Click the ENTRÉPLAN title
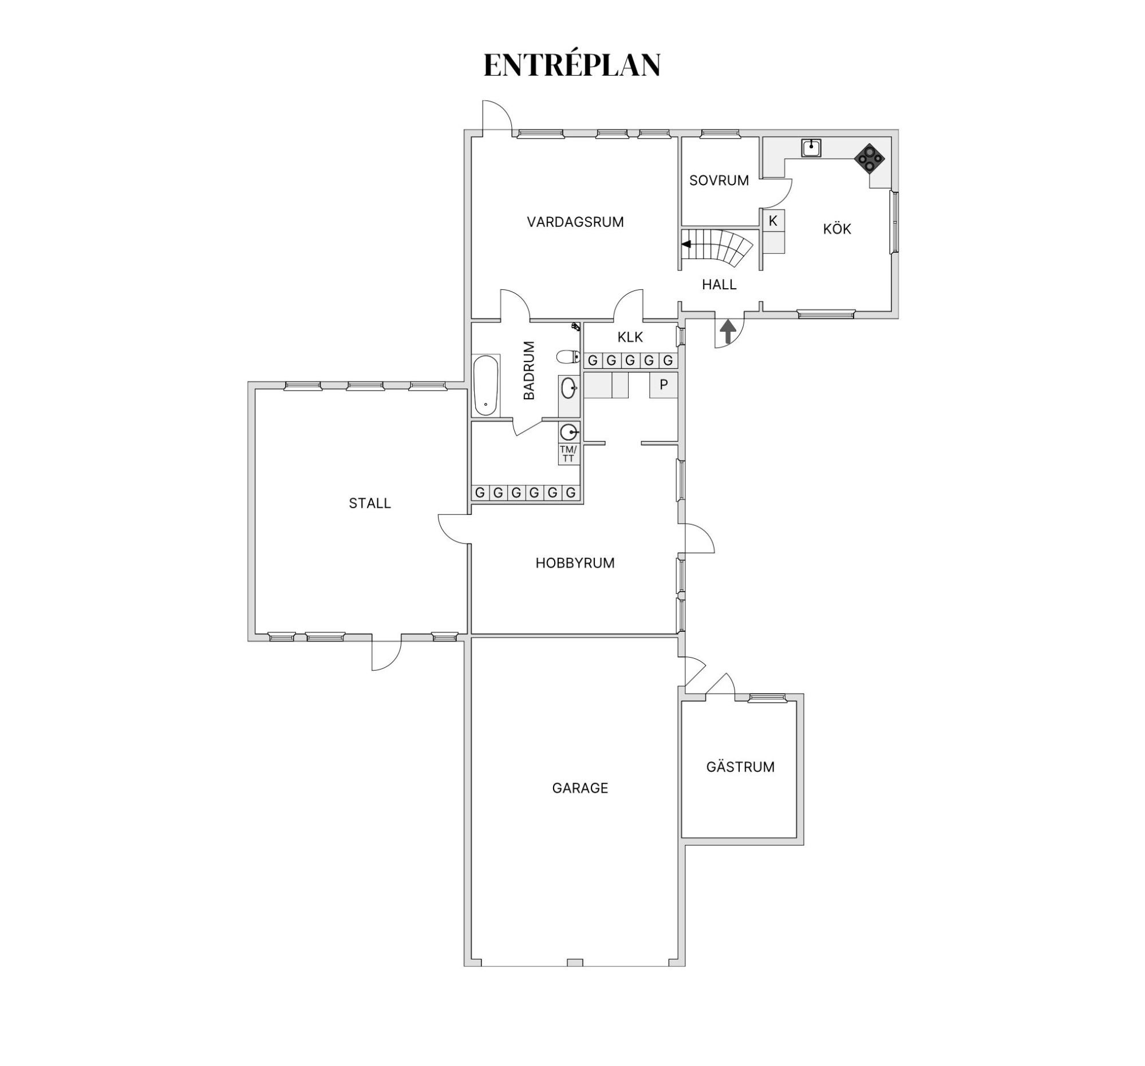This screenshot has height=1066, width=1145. (x=571, y=65)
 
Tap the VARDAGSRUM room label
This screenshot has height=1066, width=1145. (x=575, y=222)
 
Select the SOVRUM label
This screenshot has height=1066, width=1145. (x=719, y=180)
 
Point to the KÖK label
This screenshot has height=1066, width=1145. (x=836, y=229)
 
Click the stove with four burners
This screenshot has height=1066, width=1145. (x=869, y=158)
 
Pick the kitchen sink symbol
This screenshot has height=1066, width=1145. (x=811, y=148)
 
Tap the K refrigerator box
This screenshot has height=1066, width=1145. (x=773, y=221)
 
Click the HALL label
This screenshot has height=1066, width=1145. (x=719, y=285)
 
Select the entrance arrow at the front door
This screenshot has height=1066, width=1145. (x=728, y=331)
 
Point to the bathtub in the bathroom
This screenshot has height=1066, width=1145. (x=485, y=385)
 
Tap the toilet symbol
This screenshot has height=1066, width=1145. (x=569, y=357)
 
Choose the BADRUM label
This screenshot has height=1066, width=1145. (x=530, y=370)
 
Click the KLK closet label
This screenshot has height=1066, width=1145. (x=630, y=337)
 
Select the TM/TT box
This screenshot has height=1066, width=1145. (x=568, y=454)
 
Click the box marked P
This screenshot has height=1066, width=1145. (x=664, y=385)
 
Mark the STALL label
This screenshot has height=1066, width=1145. (x=370, y=503)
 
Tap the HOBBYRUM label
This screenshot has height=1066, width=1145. (x=575, y=563)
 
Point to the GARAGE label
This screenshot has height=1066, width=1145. (x=579, y=788)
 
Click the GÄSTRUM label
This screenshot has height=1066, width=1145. (x=740, y=767)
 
